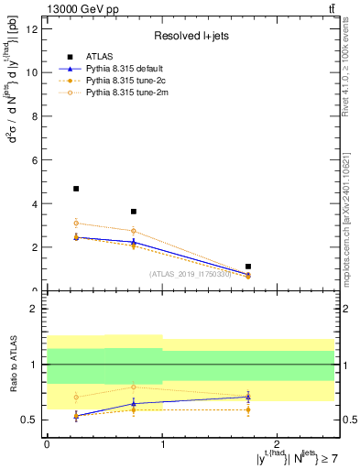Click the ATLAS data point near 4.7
click(76, 189)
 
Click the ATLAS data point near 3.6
click(134, 212)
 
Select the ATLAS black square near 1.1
click(248, 267)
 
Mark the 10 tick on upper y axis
click(35, 72)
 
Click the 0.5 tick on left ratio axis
click(32, 420)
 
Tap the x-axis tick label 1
click(162, 442)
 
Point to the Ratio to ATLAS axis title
click(11, 365)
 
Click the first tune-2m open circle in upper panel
click(76, 223)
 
